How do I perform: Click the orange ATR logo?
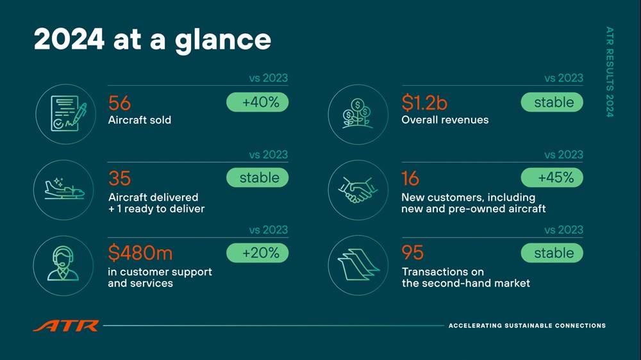tap(66, 325)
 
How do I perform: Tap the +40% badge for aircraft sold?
tap(258, 102)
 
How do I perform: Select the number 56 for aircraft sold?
tap(119, 103)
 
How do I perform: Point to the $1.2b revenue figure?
tap(424, 102)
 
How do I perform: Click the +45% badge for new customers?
tap(552, 177)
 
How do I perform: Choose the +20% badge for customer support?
tap(258, 252)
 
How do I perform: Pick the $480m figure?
tap(140, 252)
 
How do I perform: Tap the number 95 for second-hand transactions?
tap(412, 252)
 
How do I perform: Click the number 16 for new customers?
tap(410, 178)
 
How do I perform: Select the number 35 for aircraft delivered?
tap(119, 178)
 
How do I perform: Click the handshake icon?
tap(358, 190)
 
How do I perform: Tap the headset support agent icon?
tap(63, 264)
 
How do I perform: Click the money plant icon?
tap(358, 113)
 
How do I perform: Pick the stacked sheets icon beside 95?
tap(358, 265)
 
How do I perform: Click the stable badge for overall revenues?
tap(552, 102)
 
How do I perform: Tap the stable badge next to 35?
tap(258, 177)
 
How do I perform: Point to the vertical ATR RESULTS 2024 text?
tap(610, 72)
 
